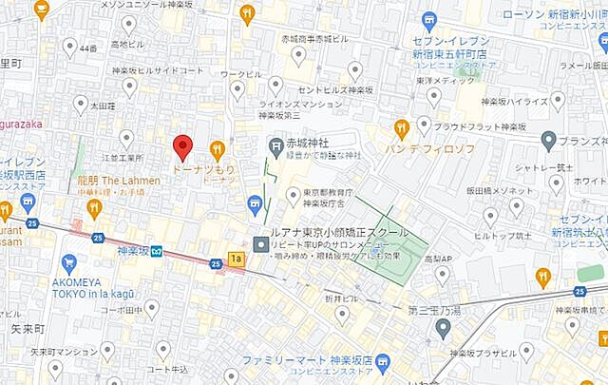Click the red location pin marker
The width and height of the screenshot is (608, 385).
pyautogui.click(x=183, y=147)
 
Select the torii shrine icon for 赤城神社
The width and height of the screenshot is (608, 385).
pyautogui.click(x=275, y=145)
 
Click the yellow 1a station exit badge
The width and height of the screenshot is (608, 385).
pyautogui.click(x=236, y=259)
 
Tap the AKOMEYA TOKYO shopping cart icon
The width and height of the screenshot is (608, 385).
pyautogui.click(x=67, y=262)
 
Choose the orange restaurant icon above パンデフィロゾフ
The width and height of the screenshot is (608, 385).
pyautogui.click(x=402, y=128)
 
